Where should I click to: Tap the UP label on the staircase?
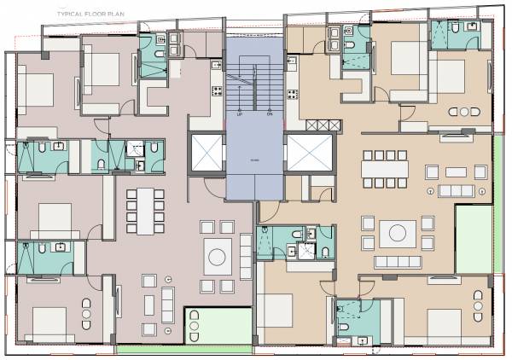240,113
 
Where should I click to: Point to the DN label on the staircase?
269,113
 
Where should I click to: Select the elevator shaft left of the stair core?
206,154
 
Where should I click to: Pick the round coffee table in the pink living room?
216,255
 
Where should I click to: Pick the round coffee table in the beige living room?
398,232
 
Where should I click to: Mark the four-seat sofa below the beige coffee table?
398,260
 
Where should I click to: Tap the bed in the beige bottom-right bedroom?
445,324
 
